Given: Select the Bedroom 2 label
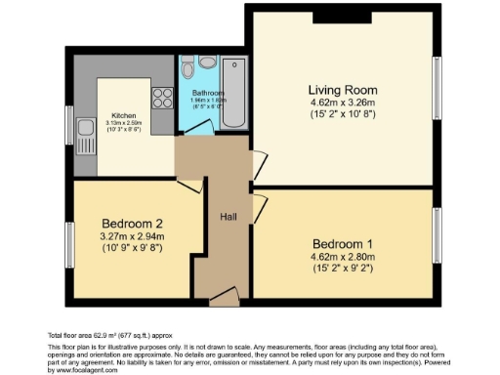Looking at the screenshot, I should click(126, 222).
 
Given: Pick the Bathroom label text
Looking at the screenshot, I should click(208, 93).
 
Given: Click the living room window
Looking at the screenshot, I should click(437, 92).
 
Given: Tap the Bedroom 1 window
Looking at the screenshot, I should click(437, 234).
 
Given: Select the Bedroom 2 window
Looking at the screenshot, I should click(68, 245).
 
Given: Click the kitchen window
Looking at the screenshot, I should click(68, 123).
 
